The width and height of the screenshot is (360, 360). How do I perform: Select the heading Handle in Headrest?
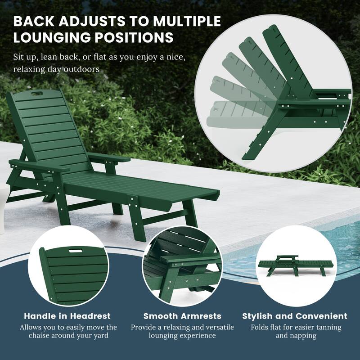(67, 316)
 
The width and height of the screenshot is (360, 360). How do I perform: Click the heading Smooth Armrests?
(182, 316)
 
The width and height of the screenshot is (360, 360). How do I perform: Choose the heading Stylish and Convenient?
(295, 316)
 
